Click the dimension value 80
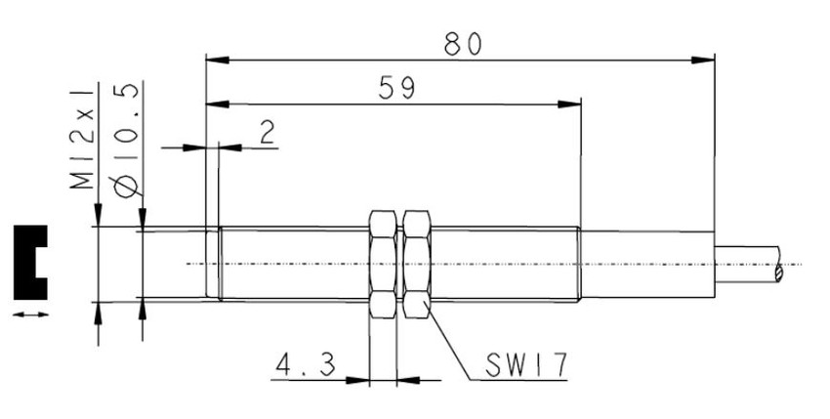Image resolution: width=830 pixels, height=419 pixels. [463, 44]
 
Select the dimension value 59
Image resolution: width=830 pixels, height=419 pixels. [397, 88]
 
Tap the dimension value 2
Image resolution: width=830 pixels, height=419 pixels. [268, 132]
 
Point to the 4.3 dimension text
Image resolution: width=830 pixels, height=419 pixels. [306, 365]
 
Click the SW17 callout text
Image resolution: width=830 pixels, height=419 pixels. [526, 365]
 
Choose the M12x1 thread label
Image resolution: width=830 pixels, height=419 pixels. [83, 139]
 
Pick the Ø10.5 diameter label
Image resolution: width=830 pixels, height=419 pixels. [127, 139]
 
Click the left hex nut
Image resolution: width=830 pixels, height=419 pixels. [383, 264]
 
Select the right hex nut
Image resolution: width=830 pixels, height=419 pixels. [417, 264]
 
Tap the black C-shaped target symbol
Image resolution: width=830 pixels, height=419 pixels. [22, 263]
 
